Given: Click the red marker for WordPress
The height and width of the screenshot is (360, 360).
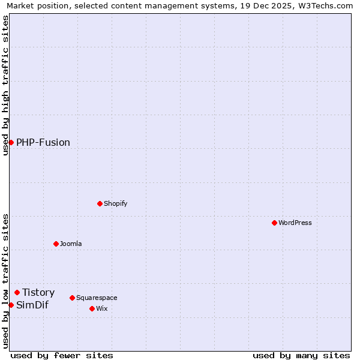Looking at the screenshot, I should tap(274, 223).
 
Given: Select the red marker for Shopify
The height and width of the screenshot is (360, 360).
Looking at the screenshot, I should tap(100, 203).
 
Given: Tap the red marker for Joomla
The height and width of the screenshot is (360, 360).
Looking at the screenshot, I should tap(56, 244).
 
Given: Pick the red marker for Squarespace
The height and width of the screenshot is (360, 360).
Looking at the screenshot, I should tap(72, 298).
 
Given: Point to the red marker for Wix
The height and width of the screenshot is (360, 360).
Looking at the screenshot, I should tap(92, 308).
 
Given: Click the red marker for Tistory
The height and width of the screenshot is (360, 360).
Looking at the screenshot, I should tap(17, 292).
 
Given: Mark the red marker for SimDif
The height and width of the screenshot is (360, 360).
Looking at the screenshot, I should tap(11, 305).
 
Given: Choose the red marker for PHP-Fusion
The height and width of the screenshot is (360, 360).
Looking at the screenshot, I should tap(11, 142).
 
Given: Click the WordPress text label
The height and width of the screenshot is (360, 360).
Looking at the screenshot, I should tap(295, 223).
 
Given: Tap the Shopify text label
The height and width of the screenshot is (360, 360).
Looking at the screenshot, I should tap(116, 203).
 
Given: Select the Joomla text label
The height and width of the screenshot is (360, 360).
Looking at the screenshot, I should tap(71, 244).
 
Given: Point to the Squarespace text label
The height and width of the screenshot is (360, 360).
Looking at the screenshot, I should tap(97, 298).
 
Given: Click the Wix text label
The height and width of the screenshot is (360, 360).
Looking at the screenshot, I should tap(101, 308).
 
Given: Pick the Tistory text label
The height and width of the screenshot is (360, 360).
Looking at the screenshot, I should tap(38, 292).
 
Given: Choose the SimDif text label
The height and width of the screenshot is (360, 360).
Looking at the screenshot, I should tap(32, 305).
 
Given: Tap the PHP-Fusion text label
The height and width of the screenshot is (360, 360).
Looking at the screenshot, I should tap(43, 142).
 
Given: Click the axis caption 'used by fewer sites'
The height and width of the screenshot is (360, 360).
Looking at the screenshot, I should tap(62, 355).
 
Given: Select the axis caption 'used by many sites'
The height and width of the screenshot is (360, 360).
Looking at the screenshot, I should tap(301, 355).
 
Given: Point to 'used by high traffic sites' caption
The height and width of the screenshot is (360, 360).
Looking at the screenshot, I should tap(5, 85).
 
